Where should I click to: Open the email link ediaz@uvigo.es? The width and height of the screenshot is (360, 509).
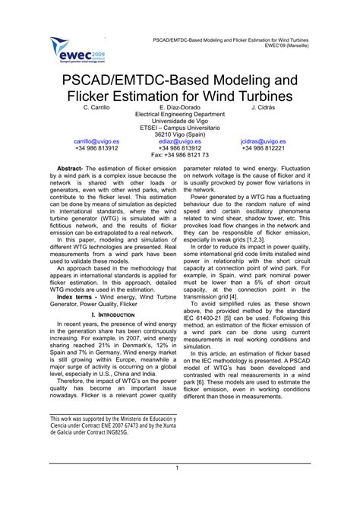tap(179, 141)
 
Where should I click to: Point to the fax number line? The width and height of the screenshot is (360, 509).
tap(179, 155)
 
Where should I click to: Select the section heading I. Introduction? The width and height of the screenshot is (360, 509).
tap(112, 292)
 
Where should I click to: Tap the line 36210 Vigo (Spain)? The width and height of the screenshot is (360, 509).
tap(179, 134)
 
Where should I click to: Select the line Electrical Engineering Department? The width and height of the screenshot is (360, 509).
tap(179, 115)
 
